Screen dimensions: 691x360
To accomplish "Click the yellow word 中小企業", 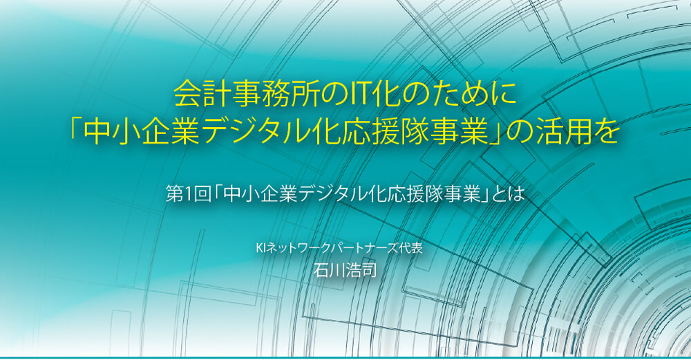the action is [142, 132].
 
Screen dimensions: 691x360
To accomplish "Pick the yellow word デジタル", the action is [258, 132].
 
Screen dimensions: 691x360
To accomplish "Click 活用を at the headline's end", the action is [578, 132].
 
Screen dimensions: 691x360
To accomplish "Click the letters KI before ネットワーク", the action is [260, 248].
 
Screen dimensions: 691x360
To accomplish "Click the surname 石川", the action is [329, 269].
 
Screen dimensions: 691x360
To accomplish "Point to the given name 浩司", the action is [361, 269].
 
